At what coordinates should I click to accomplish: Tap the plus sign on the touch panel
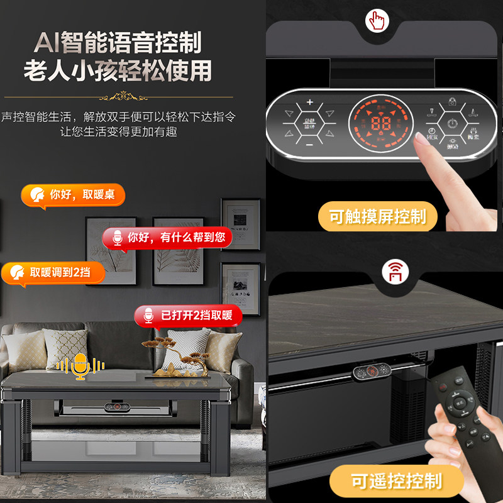pos(309,102)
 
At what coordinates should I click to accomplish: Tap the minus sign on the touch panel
pos(309,145)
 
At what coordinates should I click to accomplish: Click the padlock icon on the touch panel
pos(451,101)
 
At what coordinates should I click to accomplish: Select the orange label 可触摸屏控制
pos(377,218)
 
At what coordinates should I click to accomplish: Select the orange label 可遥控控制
pos(396,482)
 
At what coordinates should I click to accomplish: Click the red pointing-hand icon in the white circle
pos(377,21)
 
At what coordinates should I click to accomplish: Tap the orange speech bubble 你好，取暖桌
pos(73,195)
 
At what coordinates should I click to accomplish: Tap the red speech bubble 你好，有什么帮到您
pos(167,238)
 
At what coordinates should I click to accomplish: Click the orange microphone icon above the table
pos(80,366)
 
